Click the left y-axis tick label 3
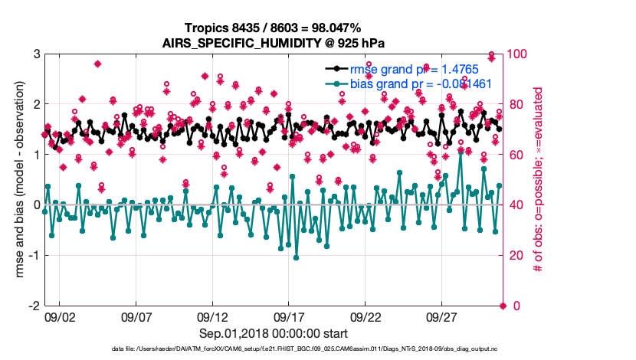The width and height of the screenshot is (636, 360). coord(35,54)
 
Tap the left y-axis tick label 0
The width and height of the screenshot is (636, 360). coord(35,205)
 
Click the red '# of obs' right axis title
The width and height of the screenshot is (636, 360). coord(539,179)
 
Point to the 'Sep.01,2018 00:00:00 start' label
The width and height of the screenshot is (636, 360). coord(274,334)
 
